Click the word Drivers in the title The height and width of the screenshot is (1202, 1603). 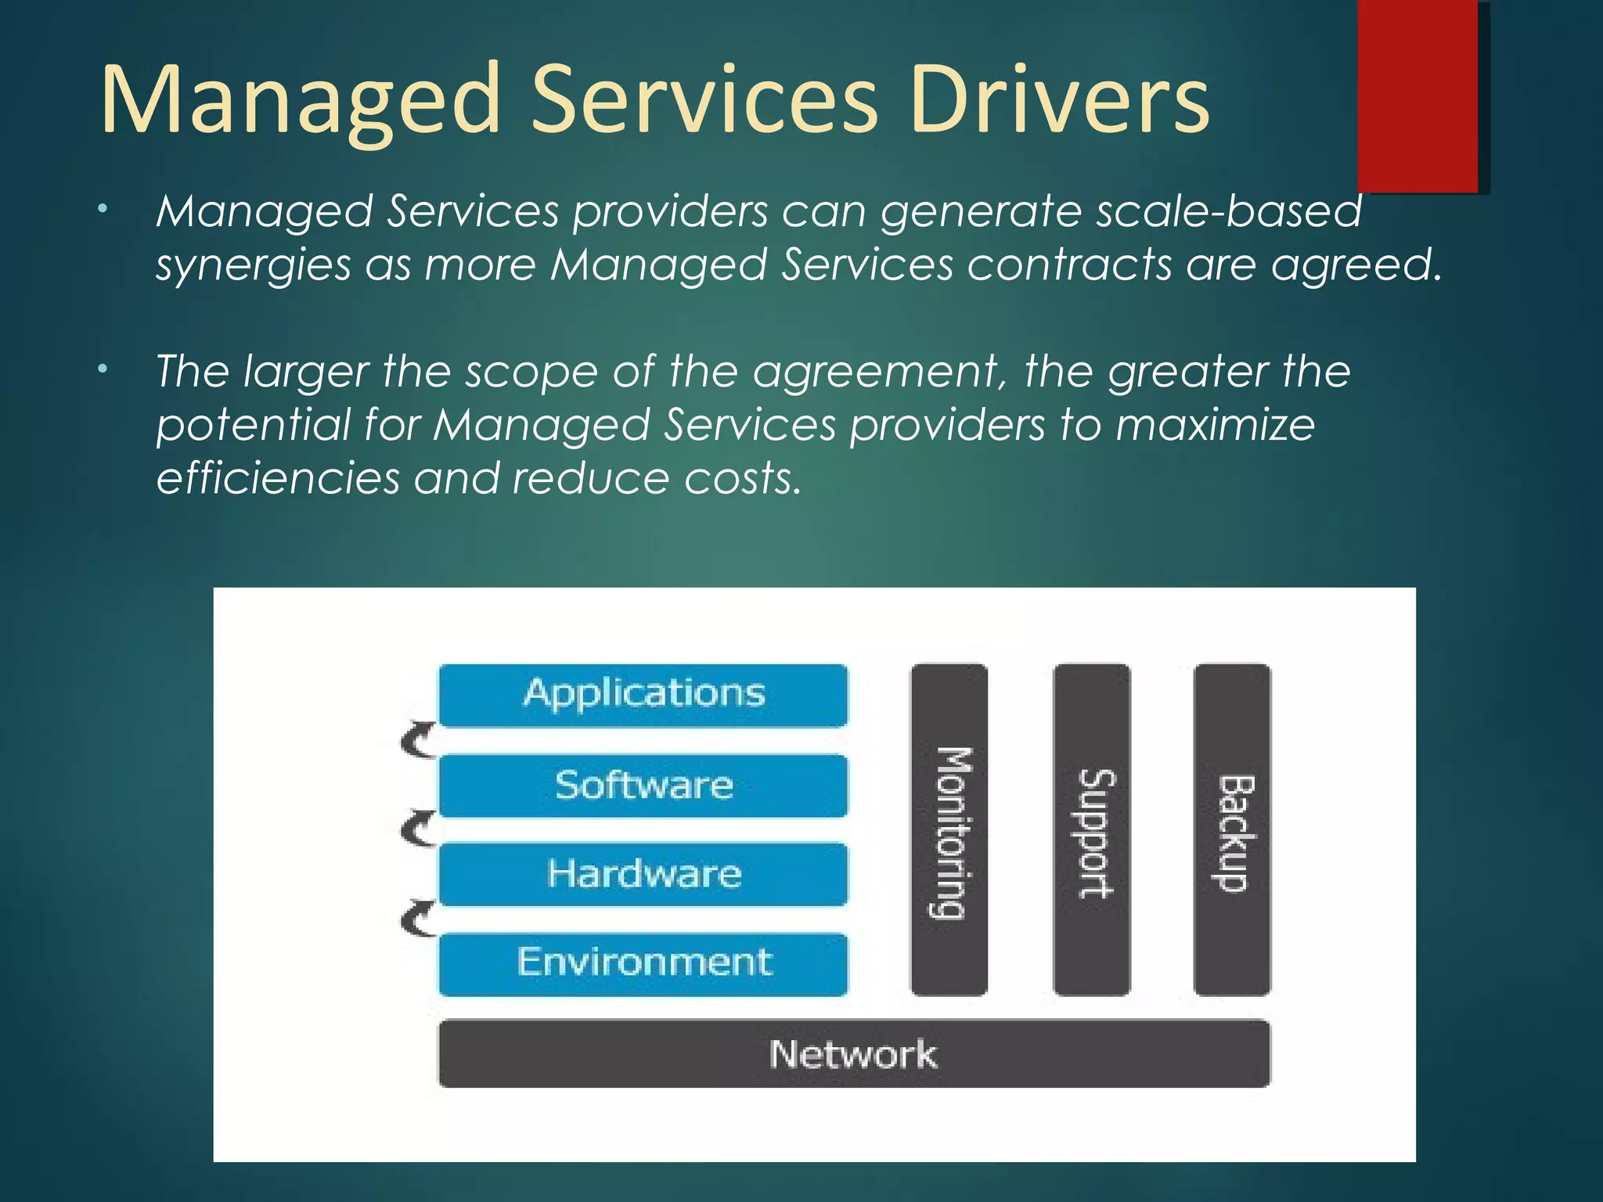point(1060,99)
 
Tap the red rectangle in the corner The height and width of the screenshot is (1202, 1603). point(1417,95)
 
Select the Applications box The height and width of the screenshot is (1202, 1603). point(643,695)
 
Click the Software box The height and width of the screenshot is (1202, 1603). point(643,785)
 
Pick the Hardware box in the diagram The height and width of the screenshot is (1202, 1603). point(643,873)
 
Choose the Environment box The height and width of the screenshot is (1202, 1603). point(643,963)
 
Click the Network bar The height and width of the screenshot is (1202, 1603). point(853,1053)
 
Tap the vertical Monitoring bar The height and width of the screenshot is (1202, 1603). point(949,830)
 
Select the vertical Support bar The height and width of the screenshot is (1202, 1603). point(1092,830)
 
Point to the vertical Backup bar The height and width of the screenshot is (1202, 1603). point(1232,830)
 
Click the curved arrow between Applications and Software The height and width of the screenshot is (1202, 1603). point(417,740)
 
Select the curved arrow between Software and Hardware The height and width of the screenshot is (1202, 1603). point(417,830)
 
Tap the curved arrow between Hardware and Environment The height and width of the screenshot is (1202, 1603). point(417,919)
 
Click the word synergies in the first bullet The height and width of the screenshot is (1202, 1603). point(253,266)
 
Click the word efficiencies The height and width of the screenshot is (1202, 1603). point(278,478)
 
